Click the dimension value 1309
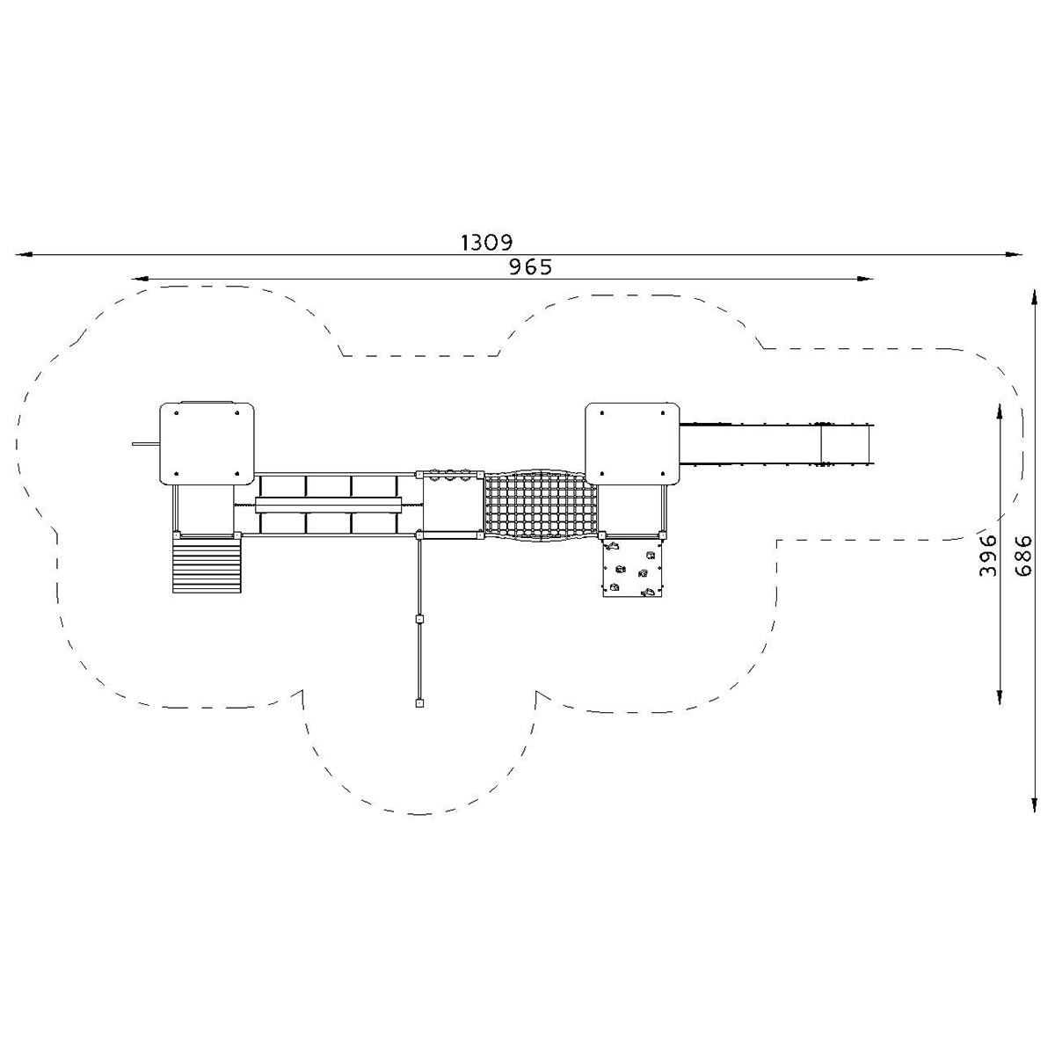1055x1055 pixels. click(x=486, y=242)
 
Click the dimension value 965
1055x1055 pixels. click(x=530, y=267)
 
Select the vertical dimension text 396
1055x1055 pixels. click(x=987, y=555)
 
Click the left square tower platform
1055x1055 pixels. click(x=207, y=443)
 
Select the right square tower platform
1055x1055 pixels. click(x=632, y=443)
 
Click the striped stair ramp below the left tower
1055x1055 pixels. click(x=207, y=565)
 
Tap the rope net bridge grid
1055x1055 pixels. click(x=541, y=506)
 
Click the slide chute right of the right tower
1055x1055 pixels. click(x=776, y=444)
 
